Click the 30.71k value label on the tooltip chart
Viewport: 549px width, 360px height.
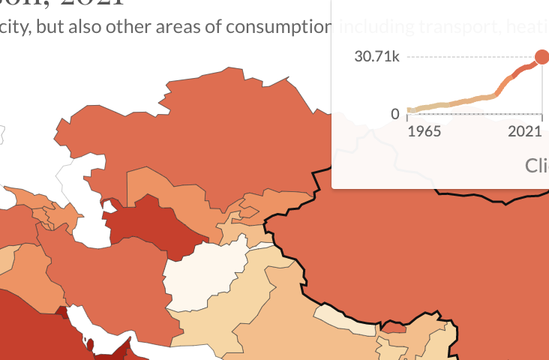pos(377,57)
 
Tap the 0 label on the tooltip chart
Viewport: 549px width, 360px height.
pos(394,114)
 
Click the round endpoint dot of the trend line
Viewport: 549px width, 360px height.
pos(541,57)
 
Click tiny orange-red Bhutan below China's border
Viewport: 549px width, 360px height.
pos(394,328)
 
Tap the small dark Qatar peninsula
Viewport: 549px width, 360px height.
pos(91,345)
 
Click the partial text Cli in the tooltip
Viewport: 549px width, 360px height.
pos(536,166)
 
